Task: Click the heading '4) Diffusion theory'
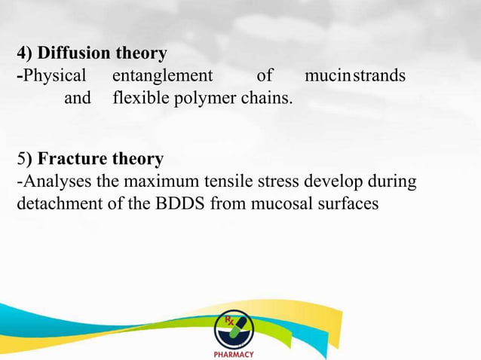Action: [x=92, y=54]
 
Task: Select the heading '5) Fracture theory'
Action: [x=90, y=160]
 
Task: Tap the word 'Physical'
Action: [x=54, y=76]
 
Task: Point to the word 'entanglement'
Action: [x=162, y=76]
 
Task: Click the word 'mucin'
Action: [x=324, y=76]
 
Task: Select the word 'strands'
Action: [x=377, y=76]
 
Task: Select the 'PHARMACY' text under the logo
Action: [x=234, y=354]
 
